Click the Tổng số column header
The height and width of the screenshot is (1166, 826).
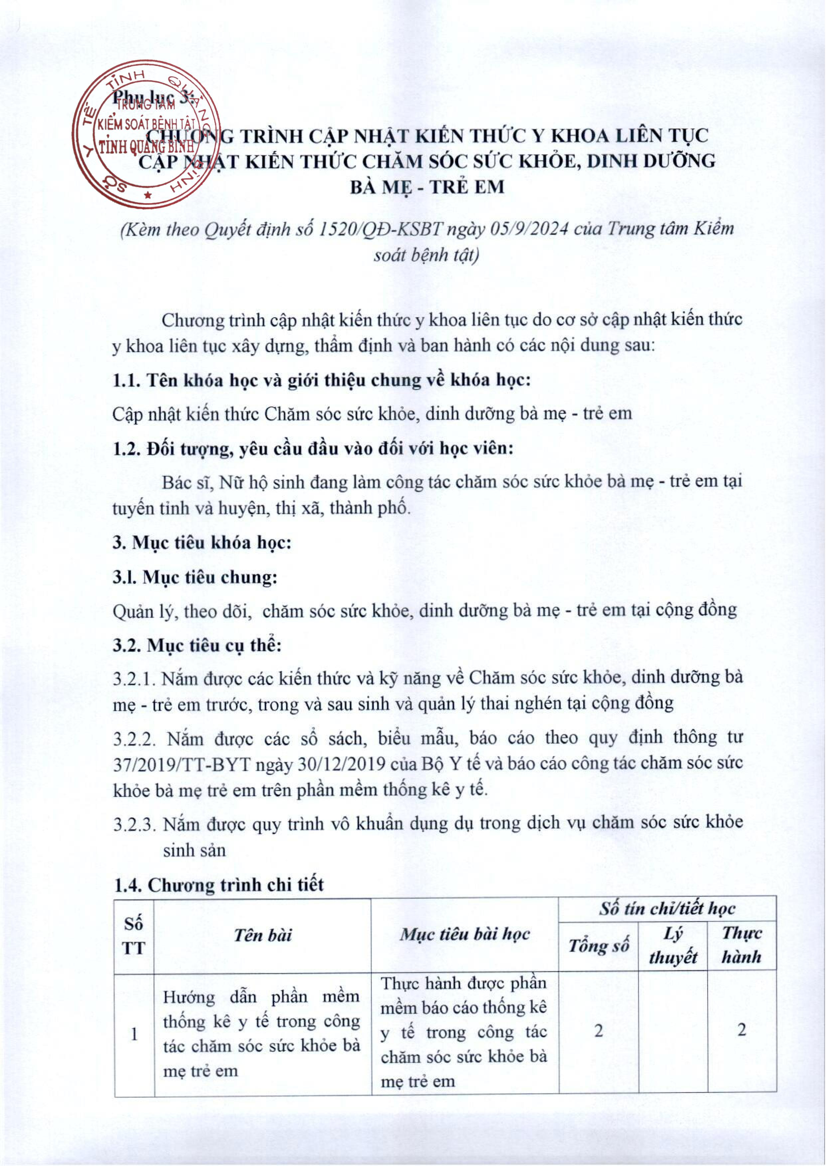pyautogui.click(x=599, y=946)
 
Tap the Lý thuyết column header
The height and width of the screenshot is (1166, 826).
pyautogui.click(x=673, y=946)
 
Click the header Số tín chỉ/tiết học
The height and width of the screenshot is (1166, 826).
pyautogui.click(x=667, y=909)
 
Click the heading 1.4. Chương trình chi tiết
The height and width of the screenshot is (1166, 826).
pyautogui.click(x=218, y=885)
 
